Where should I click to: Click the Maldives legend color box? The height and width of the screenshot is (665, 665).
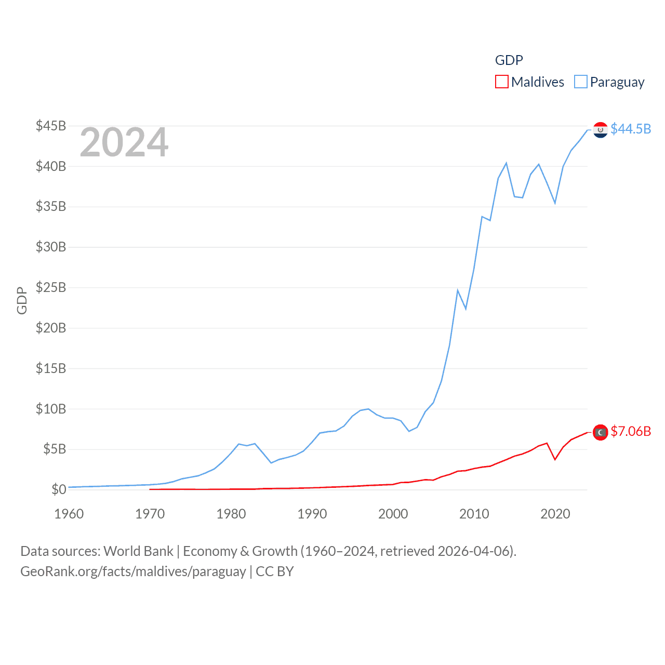tap(501, 82)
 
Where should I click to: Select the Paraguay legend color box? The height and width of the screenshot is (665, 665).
tap(580, 82)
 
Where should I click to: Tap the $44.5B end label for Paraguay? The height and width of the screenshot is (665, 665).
tap(631, 129)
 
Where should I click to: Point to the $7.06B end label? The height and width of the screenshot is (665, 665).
tap(631, 432)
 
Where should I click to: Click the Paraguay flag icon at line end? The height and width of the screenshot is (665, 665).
tap(601, 129)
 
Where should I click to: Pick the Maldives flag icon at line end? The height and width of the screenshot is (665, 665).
tap(601, 432)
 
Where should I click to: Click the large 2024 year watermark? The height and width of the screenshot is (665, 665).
tap(124, 142)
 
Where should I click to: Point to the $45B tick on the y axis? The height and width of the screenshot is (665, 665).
tap(51, 126)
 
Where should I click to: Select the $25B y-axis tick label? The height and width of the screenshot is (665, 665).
tap(51, 287)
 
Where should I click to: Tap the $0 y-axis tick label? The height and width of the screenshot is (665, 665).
tap(59, 489)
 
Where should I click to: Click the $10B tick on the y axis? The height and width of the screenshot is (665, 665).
tap(51, 409)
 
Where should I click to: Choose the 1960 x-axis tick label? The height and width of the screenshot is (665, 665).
tap(69, 514)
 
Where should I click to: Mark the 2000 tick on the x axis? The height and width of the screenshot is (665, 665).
tap(393, 514)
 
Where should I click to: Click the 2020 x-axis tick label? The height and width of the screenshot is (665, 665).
tap(555, 514)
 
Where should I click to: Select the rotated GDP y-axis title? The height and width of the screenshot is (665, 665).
tap(22, 300)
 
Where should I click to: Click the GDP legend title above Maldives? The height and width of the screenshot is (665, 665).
tap(509, 60)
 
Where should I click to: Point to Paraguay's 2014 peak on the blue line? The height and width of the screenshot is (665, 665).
tap(506, 163)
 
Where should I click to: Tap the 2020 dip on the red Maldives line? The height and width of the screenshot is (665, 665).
tap(555, 459)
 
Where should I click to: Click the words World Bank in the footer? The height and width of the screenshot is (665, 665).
tap(139, 551)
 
